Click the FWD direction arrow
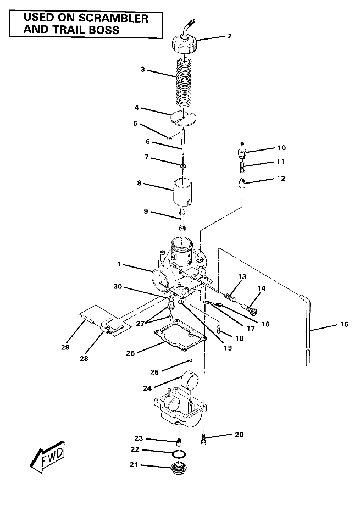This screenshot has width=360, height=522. point(47,457)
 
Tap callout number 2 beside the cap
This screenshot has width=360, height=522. point(229,37)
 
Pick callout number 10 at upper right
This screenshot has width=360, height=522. point(281,148)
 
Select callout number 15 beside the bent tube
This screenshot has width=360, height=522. point(344,325)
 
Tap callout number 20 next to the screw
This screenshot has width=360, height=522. point(238,435)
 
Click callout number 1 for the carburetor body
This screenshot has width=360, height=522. point(118,264)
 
